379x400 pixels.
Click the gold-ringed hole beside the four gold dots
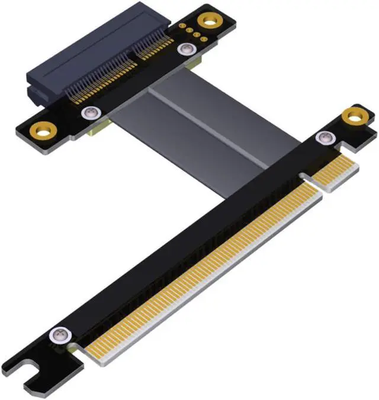click(x=208, y=21)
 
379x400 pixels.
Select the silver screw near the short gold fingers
click(x=324, y=138)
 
